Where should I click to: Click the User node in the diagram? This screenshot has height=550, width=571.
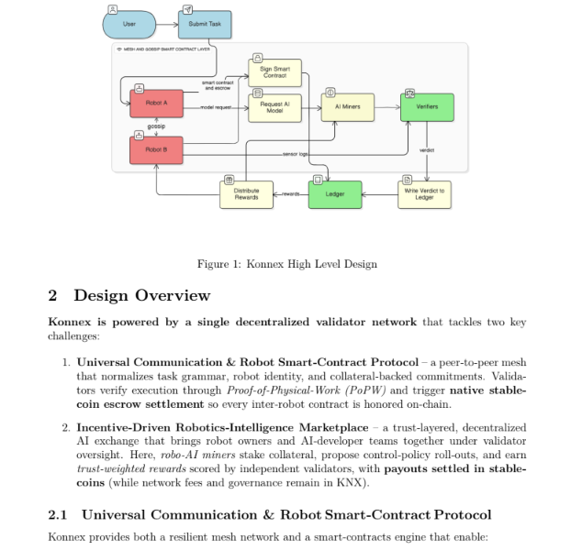click(129, 25)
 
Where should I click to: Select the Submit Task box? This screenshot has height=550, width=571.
click(205, 25)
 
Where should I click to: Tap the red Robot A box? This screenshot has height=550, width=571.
click(157, 104)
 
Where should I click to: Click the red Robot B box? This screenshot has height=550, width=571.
click(157, 150)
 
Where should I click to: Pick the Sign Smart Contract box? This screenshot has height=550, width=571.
click(274, 72)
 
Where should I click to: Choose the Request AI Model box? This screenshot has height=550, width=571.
click(274, 108)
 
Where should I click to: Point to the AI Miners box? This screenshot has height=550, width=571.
click(348, 107)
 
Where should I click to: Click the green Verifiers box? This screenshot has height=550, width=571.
click(427, 107)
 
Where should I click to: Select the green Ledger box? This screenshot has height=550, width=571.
click(335, 194)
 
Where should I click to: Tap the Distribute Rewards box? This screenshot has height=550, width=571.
click(247, 194)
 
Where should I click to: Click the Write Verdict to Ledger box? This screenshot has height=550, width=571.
click(425, 194)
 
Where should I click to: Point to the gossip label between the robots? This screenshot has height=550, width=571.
click(156, 126)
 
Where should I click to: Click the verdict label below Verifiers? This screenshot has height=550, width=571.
click(427, 150)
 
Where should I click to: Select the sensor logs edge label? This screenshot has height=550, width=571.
click(296, 154)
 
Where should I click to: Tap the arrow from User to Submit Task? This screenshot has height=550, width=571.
click(167, 25)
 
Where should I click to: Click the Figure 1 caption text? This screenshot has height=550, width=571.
click(287, 264)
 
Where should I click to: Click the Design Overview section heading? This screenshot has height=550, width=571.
click(142, 295)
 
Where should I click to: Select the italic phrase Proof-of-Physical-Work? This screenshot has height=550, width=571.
click(285, 390)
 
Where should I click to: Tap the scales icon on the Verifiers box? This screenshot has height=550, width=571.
click(409, 93)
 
